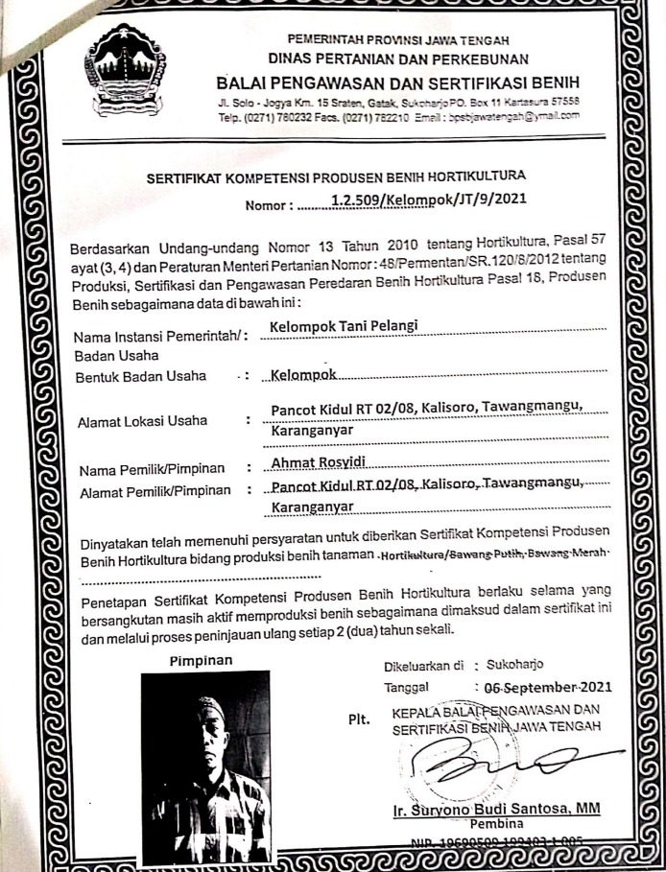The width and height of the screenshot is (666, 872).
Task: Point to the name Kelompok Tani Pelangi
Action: [x=345, y=326]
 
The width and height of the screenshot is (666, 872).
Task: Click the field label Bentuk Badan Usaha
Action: [x=141, y=376]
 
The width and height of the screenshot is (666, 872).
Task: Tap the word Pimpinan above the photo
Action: [x=201, y=660]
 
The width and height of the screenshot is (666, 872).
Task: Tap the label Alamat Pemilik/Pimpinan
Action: [x=154, y=491]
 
